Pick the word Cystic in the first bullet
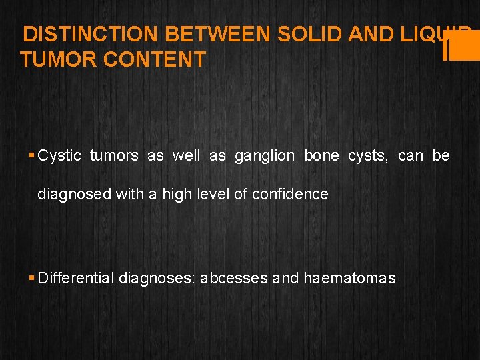pos(59,156)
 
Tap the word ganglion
pos(264,156)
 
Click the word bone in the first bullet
pos(322,156)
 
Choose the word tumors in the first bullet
pos(114,156)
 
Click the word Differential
pos(76,278)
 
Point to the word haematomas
pos(349,278)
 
